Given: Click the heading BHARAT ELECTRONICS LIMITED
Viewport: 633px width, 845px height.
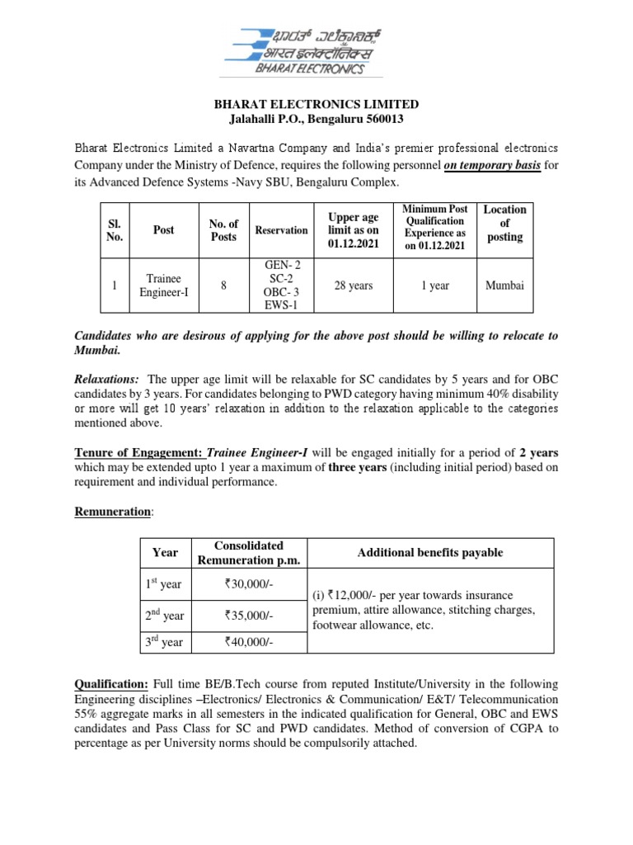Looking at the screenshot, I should [316, 105].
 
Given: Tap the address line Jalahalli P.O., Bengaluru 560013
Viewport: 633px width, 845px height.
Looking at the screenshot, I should [316, 120].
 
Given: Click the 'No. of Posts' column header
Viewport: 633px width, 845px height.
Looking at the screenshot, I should [223, 230].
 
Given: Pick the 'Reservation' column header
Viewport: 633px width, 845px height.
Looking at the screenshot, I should [281, 230].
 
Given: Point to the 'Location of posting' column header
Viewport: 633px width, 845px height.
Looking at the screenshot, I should [504, 224].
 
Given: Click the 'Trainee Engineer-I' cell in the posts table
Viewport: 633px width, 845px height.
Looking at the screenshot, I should [163, 286].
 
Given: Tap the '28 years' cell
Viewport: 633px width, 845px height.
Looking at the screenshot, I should [353, 286].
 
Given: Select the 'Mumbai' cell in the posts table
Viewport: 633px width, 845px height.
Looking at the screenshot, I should [504, 286].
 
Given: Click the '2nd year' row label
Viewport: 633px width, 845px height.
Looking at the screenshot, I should [165, 616].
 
